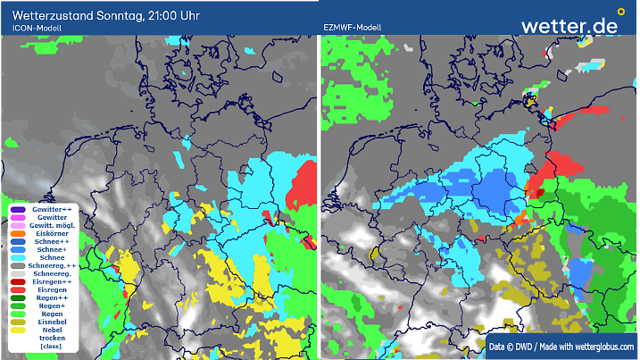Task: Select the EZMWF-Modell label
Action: (352, 29)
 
